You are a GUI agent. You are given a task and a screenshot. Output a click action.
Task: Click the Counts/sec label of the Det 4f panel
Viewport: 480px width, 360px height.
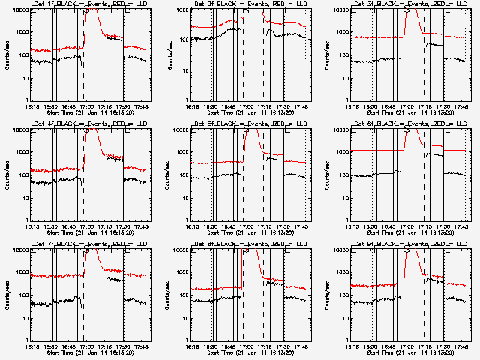pos(7,175)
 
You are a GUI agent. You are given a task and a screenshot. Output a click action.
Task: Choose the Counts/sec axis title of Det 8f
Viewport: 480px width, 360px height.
pos(166,295)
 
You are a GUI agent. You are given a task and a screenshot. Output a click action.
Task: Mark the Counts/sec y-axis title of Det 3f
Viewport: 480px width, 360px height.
pos(327,55)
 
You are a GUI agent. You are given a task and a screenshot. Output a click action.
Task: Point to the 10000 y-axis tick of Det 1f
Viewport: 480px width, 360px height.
pos(19,10)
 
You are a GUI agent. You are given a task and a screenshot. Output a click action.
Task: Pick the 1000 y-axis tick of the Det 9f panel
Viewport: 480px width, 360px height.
pos(343,273)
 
